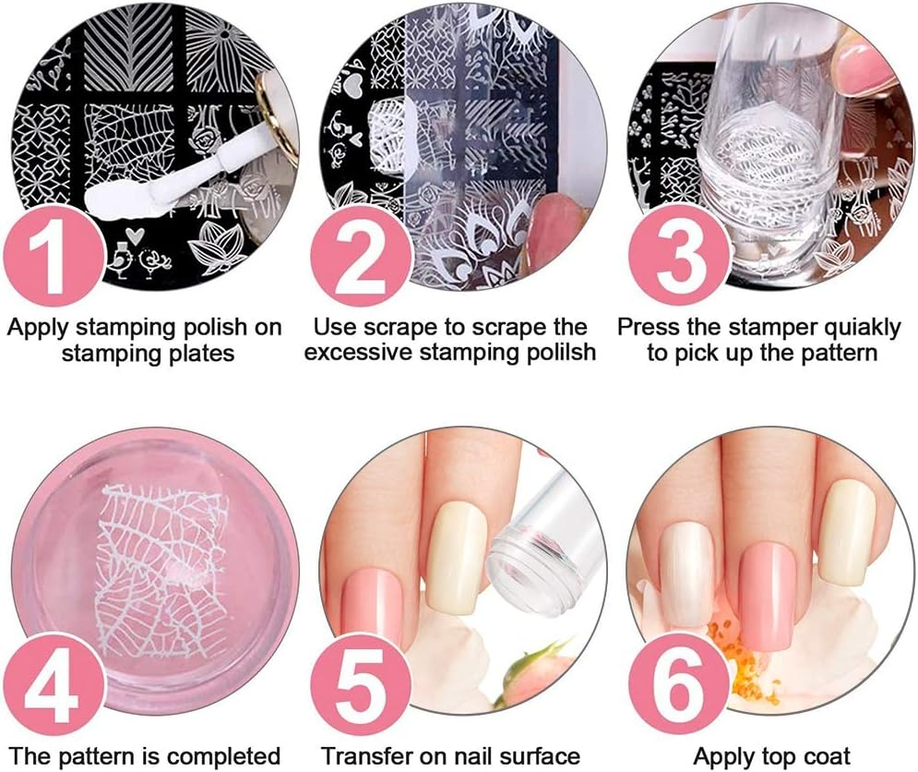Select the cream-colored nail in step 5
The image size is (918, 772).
455,554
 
